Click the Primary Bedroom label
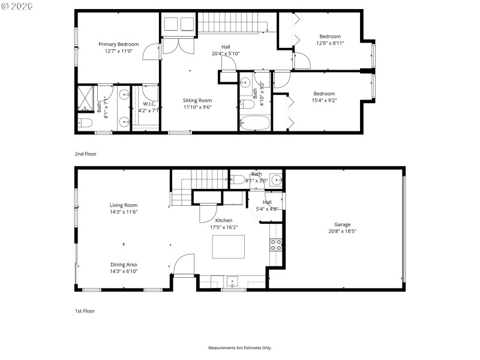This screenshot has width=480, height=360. point(119,44)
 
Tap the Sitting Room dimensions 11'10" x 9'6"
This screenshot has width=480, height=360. point(197,107)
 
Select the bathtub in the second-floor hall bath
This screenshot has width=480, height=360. point(255,124)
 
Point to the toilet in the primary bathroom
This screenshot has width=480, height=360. point(85,124)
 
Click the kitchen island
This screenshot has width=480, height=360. point(228,247)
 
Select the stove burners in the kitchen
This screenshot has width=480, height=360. point(275,244)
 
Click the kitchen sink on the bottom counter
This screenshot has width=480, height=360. point(233,281)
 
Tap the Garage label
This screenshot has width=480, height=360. point(343,224)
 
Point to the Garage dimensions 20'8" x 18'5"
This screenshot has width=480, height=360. point(343,231)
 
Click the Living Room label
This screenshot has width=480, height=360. point(124,205)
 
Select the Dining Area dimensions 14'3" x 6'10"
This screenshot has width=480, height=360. point(124,271)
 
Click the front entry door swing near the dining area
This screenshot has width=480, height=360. point(184,265)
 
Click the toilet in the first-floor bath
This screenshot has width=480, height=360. point(238,179)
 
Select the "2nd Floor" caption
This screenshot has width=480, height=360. point(85,154)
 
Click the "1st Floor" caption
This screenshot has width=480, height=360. point(85,311)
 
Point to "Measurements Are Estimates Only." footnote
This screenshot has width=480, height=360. point(240,348)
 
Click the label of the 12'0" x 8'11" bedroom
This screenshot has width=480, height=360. point(329,37)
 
